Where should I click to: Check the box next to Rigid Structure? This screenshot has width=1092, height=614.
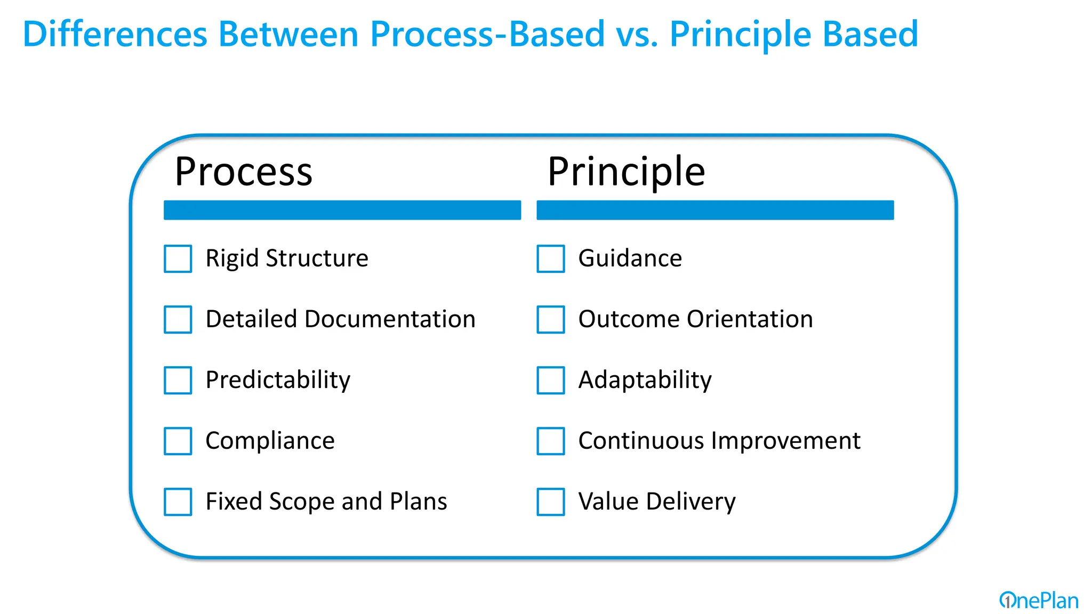pos(178,258)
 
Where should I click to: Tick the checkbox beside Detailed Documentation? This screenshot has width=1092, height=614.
pos(178,319)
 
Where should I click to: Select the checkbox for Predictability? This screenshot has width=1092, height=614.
pos(178,380)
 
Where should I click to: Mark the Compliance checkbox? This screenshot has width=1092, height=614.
pos(178,441)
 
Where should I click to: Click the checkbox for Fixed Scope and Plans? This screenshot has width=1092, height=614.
pos(178,502)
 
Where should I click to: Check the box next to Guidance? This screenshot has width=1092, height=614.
pos(550,258)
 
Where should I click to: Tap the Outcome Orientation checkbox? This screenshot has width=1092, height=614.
pos(550,319)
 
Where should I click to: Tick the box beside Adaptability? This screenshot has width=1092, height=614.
pos(550,380)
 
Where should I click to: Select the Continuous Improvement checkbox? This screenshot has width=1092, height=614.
pos(550,441)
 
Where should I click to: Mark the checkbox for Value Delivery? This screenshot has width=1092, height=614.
pos(550,502)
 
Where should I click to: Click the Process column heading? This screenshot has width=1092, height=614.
pos(243,172)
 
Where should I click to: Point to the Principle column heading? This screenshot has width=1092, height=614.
pos(626,172)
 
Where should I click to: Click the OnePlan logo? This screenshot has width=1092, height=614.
pos(1038,601)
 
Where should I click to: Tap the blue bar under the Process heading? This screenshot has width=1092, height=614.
pos(342,210)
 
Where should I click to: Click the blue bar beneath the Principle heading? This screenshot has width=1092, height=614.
pos(714,210)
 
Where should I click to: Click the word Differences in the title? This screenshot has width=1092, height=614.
pos(115,34)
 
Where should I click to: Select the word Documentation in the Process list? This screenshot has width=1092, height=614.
pos(390,319)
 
